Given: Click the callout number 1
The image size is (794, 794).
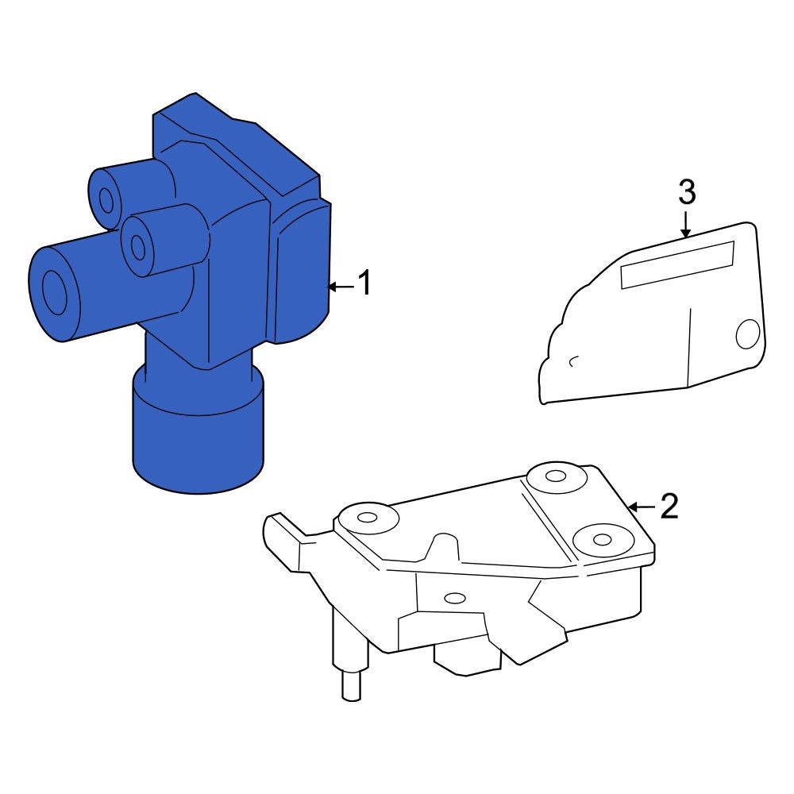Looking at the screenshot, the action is pyautogui.click(x=365, y=283).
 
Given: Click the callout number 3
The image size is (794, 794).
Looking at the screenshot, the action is pyautogui.click(x=687, y=192).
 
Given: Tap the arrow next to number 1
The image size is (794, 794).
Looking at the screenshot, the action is pyautogui.click(x=341, y=287).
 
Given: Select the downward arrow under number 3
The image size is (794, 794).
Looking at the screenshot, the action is pyautogui.click(x=686, y=225).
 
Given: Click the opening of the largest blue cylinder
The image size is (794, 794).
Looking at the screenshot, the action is pyautogui.click(x=54, y=293).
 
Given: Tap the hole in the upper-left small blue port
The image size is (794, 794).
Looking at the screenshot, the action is pyautogui.click(x=106, y=201).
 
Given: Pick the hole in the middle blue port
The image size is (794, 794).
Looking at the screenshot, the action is pyautogui.click(x=137, y=247).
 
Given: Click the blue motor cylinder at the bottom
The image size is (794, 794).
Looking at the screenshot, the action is pyautogui.click(x=198, y=430).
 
